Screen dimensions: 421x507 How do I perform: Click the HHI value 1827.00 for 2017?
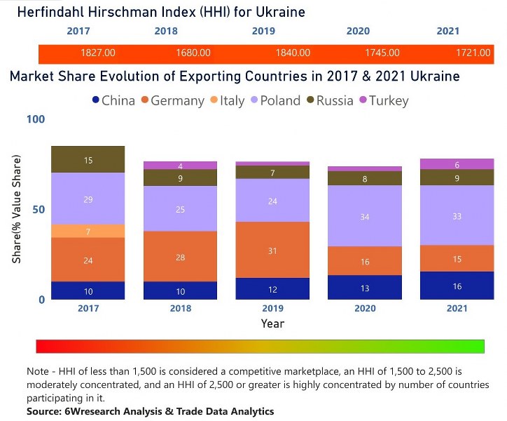click(98, 53)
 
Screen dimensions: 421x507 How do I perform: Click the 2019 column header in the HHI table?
click(263, 32)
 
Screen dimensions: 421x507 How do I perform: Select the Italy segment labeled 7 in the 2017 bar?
click(88, 232)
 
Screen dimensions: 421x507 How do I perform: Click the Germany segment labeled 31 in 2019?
click(273, 250)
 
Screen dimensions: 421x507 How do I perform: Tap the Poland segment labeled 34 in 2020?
click(364, 217)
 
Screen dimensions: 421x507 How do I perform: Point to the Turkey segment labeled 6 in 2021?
click(457, 164)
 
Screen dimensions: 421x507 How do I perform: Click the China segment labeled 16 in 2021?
click(457, 286)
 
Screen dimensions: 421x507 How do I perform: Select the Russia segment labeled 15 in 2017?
click(88, 160)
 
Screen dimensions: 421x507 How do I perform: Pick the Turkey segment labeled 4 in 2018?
click(180, 166)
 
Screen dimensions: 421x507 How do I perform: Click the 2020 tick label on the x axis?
click(364, 309)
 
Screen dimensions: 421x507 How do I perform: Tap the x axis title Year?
click(272, 323)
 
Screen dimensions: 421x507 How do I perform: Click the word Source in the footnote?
click(45, 411)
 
